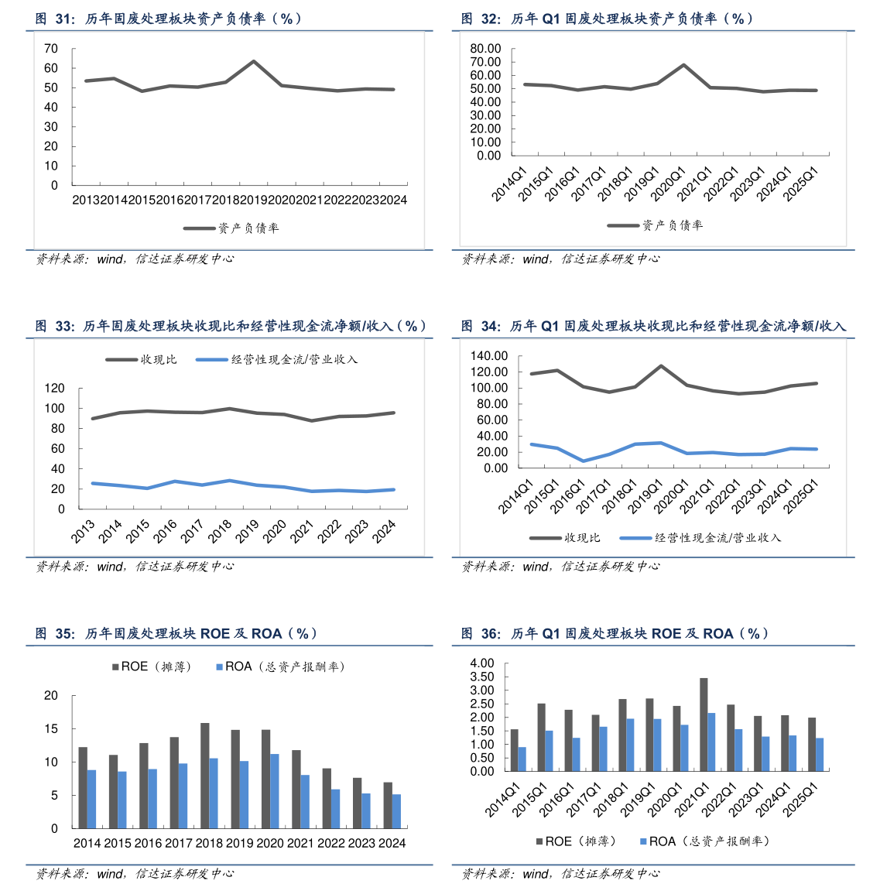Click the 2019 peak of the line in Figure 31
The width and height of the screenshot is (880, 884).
[x=254, y=61]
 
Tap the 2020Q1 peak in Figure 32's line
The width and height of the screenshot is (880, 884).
[x=684, y=65]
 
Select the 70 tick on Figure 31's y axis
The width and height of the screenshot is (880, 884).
[x=52, y=49]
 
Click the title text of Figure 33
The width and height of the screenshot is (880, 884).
[x=232, y=327]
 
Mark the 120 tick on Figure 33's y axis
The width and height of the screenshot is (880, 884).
[x=54, y=389]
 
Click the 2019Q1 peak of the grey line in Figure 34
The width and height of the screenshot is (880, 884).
[x=661, y=365]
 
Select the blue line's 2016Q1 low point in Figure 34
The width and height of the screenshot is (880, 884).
[x=584, y=461]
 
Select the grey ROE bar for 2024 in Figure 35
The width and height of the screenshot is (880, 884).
[x=388, y=805]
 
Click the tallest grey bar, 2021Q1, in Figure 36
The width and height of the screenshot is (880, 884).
[x=704, y=725]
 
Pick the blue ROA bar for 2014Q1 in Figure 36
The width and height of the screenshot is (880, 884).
[x=522, y=759]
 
